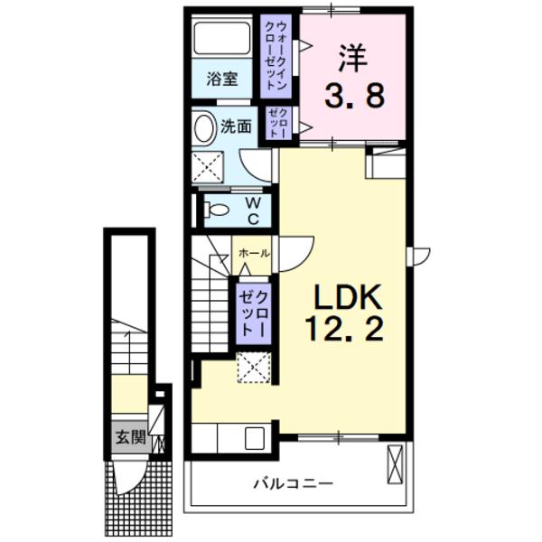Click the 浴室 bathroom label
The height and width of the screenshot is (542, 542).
(x=222, y=79)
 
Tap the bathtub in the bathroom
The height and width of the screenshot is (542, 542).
(x=223, y=39)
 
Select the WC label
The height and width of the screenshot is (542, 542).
(x=254, y=211)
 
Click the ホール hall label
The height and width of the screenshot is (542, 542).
(x=253, y=254)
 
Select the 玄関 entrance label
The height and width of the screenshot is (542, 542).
(x=129, y=438)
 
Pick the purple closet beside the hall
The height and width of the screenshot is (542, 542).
(x=252, y=312)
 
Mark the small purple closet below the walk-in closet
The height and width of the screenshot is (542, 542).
(x=276, y=122)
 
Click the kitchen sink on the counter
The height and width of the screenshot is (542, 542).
(x=254, y=438)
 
